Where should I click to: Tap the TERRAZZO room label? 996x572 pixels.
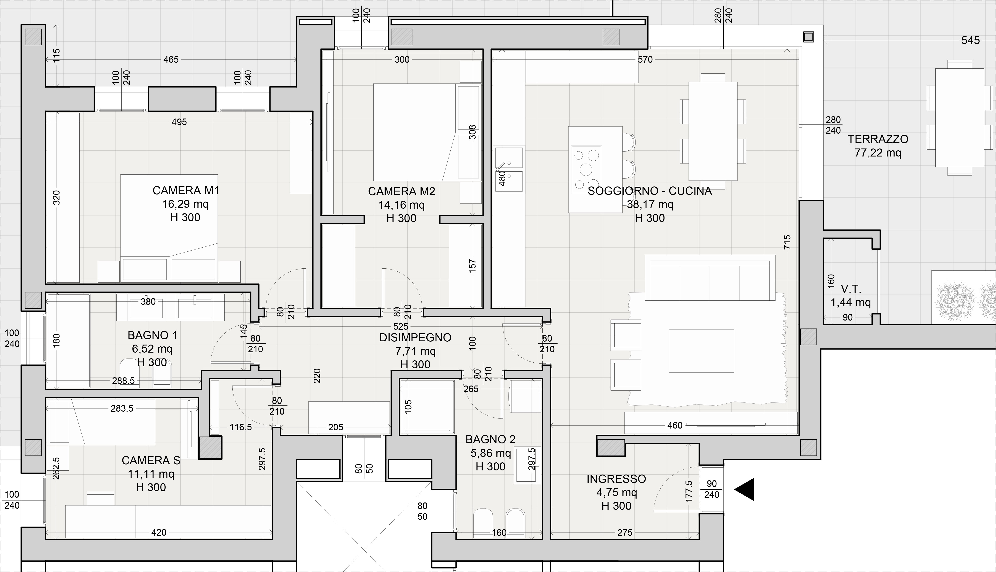tap(878, 139)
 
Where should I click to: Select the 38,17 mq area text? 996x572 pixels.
tap(650, 204)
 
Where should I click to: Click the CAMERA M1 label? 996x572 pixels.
tap(185, 191)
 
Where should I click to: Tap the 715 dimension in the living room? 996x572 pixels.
tap(787, 242)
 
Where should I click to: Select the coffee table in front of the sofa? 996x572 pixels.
tap(701, 351)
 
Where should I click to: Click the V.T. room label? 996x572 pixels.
tap(851, 289)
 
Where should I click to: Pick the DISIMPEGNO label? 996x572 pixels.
tap(415, 337)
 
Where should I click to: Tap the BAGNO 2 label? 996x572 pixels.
tap(490, 439)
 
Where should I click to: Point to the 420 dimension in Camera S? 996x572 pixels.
tap(159, 532)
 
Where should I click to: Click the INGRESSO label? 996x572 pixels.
tap(616, 479)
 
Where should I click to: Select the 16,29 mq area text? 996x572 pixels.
tap(185, 204)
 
